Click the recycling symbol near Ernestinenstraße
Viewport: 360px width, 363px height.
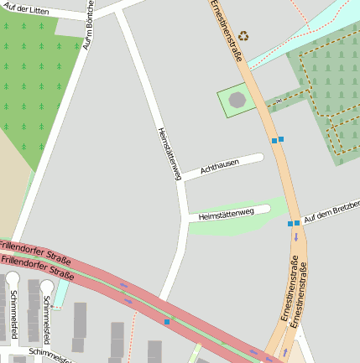click(x=243, y=36)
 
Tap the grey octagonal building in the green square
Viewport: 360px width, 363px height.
click(x=237, y=100)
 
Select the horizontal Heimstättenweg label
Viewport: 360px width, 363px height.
click(x=226, y=215)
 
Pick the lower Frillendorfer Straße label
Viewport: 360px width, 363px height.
click(x=38, y=267)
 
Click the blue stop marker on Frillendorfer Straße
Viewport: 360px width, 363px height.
click(x=167, y=322)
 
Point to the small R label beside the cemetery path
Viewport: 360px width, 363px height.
click(x=279, y=101)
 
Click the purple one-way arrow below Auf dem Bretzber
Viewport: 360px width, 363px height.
click(x=295, y=237)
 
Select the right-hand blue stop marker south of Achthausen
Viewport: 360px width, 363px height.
click(x=281, y=139)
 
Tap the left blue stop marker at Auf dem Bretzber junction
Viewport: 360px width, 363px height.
click(x=290, y=224)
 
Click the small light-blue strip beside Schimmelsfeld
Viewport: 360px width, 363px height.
click(x=62, y=293)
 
